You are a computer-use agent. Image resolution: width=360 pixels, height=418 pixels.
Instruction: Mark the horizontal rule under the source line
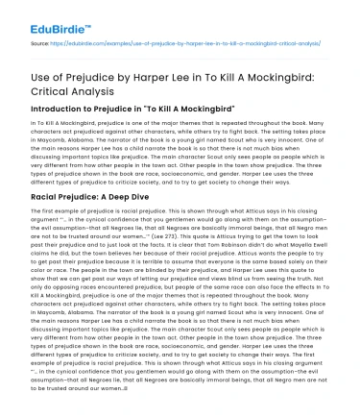(180, 53)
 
